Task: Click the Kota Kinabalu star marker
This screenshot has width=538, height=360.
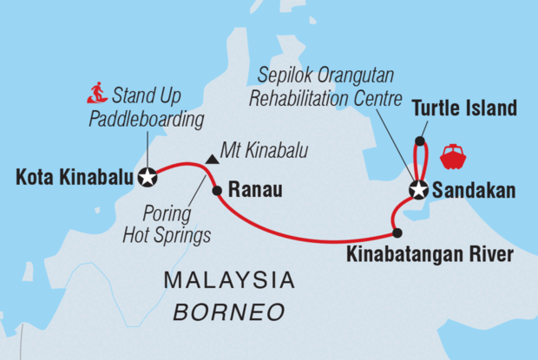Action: click(148, 177)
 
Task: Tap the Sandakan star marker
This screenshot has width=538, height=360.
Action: click(419, 190)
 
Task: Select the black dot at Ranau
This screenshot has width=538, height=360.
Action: click(217, 188)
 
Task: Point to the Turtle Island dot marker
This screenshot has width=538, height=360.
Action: click(420, 141)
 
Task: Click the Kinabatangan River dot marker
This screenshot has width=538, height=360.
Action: click(397, 232)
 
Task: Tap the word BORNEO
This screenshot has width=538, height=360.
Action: click(229, 310)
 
